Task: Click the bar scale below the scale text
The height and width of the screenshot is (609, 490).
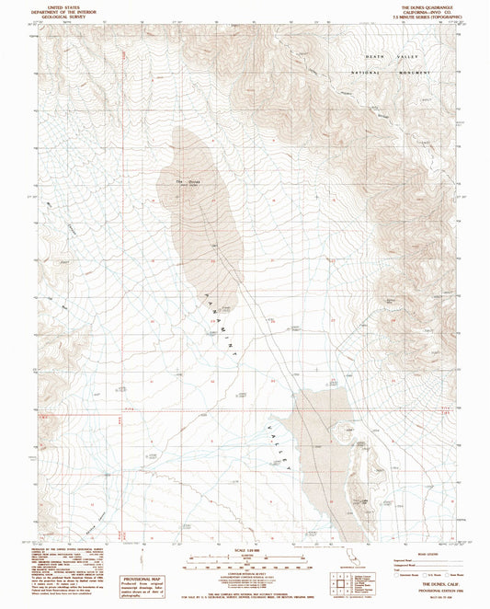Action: [247, 560]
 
